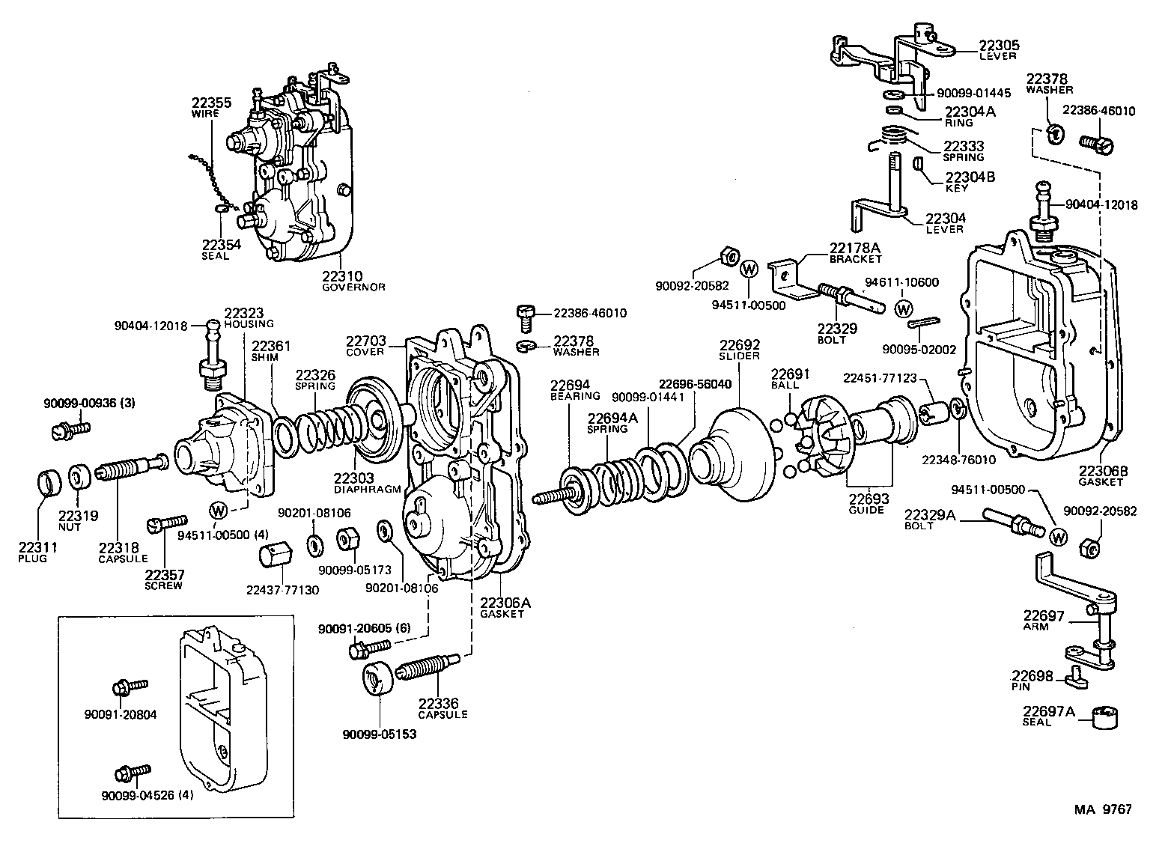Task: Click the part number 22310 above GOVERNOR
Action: (341, 276)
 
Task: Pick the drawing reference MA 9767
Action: (1103, 809)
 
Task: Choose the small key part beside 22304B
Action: (917, 164)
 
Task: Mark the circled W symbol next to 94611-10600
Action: (904, 308)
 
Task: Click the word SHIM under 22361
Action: (264, 358)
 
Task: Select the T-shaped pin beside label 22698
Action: (1077, 678)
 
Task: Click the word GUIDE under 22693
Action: (866, 510)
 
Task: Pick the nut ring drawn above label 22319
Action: (80, 476)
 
